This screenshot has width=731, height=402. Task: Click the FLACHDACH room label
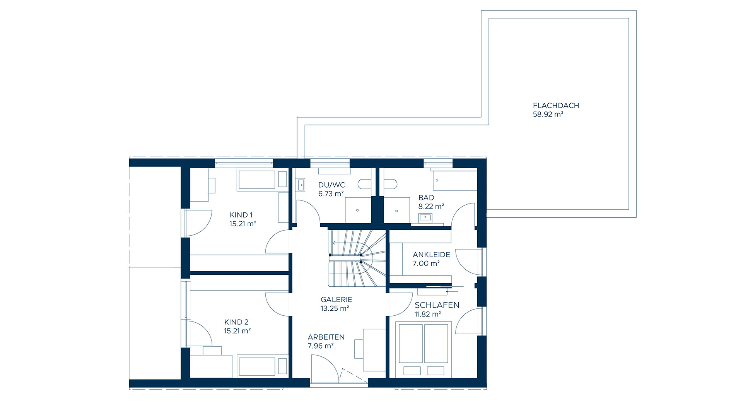click(556, 105)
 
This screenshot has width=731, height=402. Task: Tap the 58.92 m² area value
click(548, 115)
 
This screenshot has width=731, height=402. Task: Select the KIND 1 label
click(241, 215)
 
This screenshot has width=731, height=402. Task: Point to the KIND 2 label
click(236, 322)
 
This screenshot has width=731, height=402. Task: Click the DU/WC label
click(331, 185)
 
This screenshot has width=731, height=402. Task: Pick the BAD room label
click(426, 198)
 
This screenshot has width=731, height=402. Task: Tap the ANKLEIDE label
click(431, 255)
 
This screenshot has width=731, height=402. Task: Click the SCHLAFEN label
click(437, 305)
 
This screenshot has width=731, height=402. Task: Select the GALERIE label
click(336, 299)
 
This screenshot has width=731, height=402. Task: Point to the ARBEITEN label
click(326, 337)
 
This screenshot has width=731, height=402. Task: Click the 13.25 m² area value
click(335, 308)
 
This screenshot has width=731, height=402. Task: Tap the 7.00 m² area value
click(426, 263)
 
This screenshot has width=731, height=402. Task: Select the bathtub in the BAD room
click(455, 180)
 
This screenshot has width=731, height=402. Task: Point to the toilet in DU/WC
click(365, 184)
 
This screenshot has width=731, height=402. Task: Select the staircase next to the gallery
click(357, 258)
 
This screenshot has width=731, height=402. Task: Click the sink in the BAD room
click(426, 217)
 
